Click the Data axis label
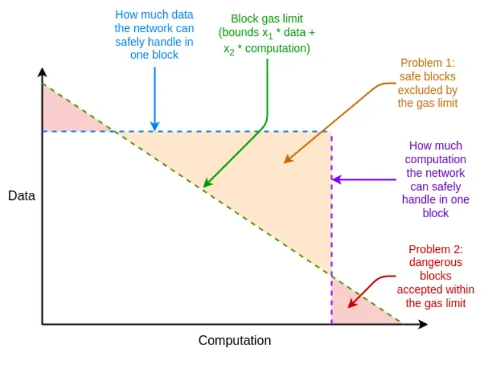pos(21,196)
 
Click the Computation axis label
pos(235,341)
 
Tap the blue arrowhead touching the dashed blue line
pos(154,127)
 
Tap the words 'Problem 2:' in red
pos(435,249)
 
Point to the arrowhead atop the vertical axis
pos(42,71)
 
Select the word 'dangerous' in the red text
pos(436,263)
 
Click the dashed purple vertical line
pos(332,225)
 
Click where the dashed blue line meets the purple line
pos(332,132)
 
